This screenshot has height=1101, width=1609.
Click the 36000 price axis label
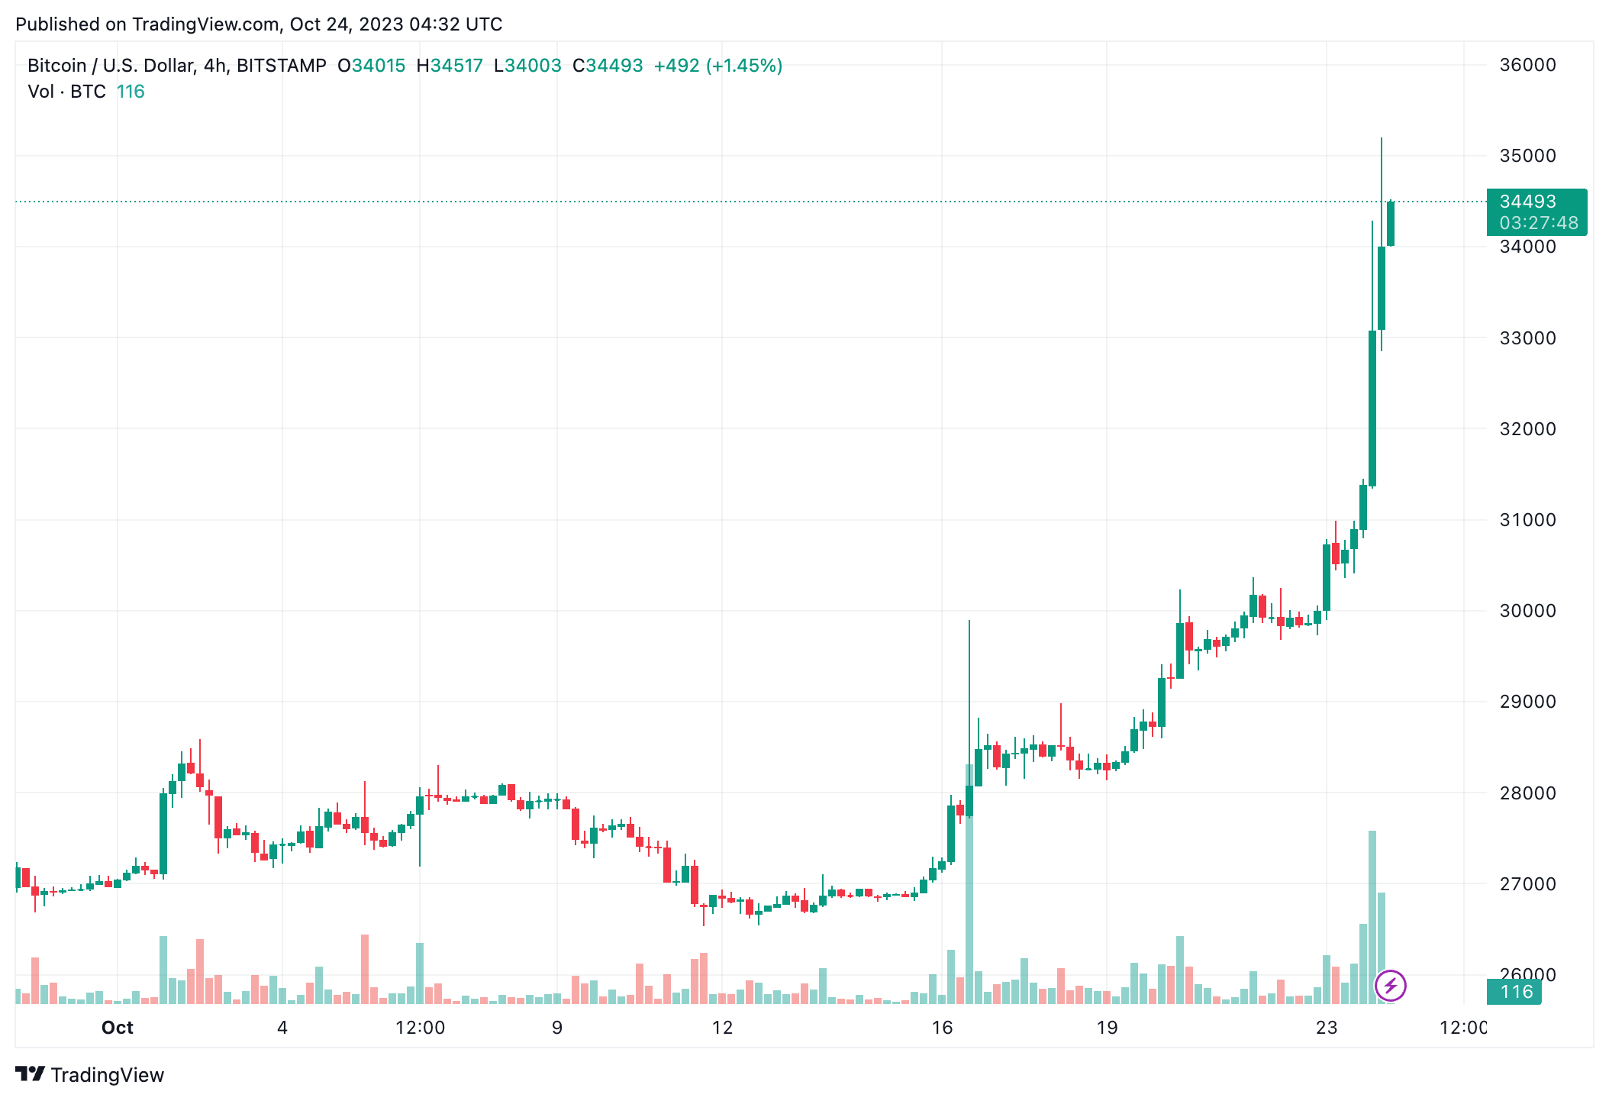1527,65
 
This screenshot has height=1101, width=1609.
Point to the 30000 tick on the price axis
1527,611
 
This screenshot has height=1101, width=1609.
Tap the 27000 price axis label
1527,884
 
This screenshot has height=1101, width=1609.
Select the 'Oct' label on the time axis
118,1028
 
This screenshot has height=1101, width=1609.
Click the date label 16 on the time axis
942,1028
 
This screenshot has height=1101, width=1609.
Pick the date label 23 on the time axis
1327,1028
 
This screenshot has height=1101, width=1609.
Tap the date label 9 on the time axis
557,1028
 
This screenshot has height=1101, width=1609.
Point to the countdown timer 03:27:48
1538,223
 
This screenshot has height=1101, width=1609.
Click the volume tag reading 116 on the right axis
1516,992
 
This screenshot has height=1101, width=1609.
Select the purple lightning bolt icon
1390,986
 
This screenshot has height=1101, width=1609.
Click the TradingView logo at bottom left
90,1075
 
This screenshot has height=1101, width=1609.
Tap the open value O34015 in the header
372,66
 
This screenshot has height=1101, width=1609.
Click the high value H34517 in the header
450,66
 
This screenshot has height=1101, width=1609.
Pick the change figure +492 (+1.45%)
717,66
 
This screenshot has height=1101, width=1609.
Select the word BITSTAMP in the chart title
281,66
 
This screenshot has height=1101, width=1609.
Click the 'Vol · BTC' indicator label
66,92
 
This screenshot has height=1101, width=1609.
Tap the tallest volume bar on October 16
969,886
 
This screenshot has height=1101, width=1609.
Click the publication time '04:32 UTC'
456,24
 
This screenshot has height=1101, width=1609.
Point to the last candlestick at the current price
1391,224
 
